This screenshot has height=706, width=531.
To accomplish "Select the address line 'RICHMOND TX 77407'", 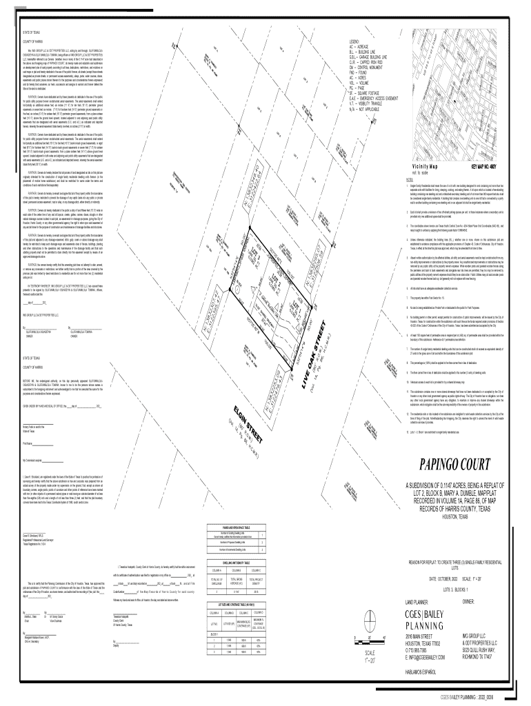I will [477, 656].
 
